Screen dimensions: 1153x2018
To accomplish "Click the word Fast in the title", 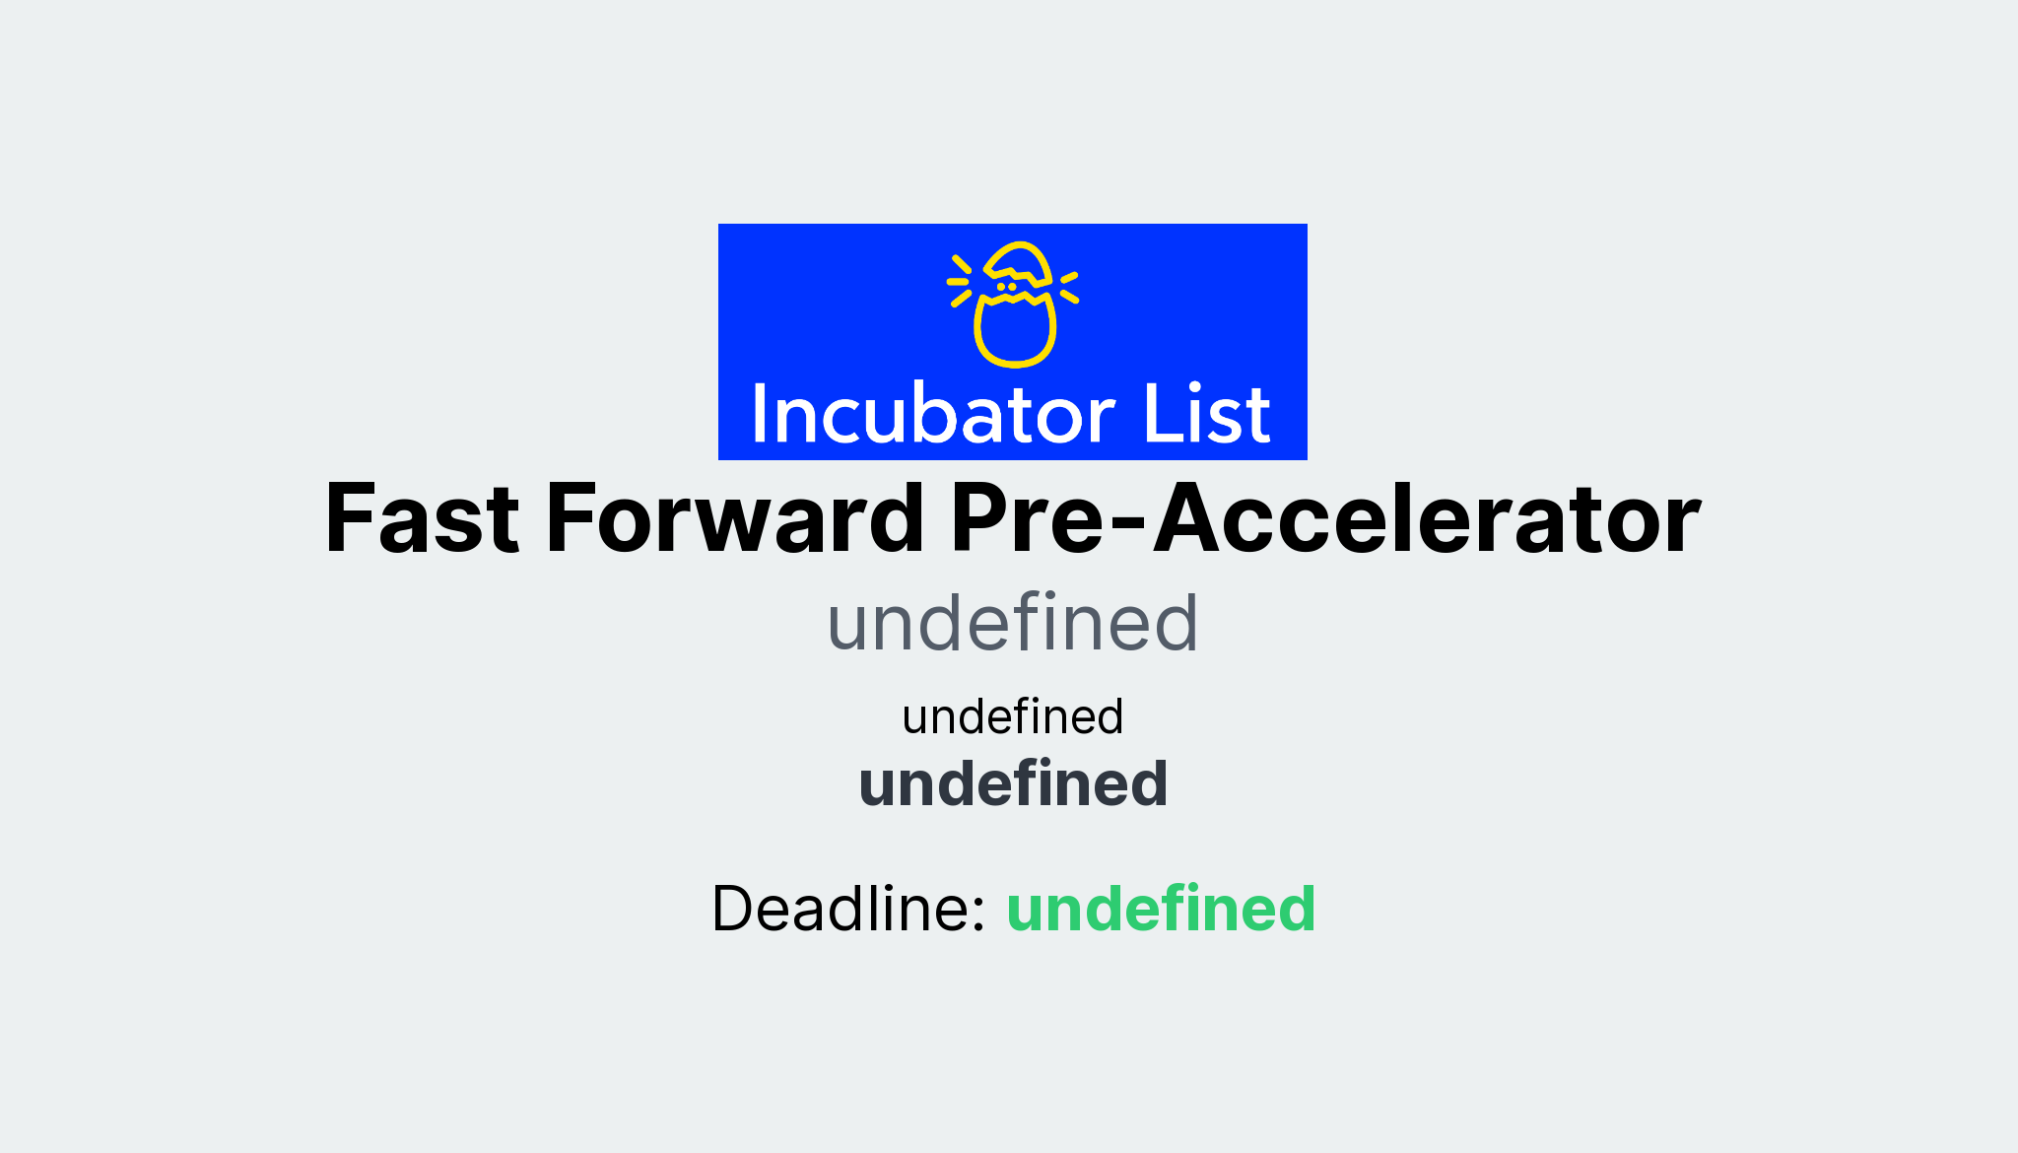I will point(421,519).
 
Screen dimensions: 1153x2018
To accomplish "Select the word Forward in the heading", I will point(734,519).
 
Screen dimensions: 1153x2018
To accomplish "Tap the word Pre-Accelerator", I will point(1325,519).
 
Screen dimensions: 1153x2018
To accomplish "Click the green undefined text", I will point(1160,908).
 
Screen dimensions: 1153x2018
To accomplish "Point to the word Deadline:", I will point(848,908).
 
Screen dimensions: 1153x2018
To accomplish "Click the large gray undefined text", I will point(1012,624).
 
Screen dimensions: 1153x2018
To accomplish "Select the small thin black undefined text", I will point(1012,716).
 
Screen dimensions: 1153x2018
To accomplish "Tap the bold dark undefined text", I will point(1012,784).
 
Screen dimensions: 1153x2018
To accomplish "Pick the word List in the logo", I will point(1206,415).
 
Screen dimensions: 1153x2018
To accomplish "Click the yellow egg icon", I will point(1015,305).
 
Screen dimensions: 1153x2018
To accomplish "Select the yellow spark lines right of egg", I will point(1069,287).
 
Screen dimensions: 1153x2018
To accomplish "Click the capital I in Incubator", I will point(759,415).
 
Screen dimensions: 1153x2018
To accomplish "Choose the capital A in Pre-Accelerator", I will point(1193,519).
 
